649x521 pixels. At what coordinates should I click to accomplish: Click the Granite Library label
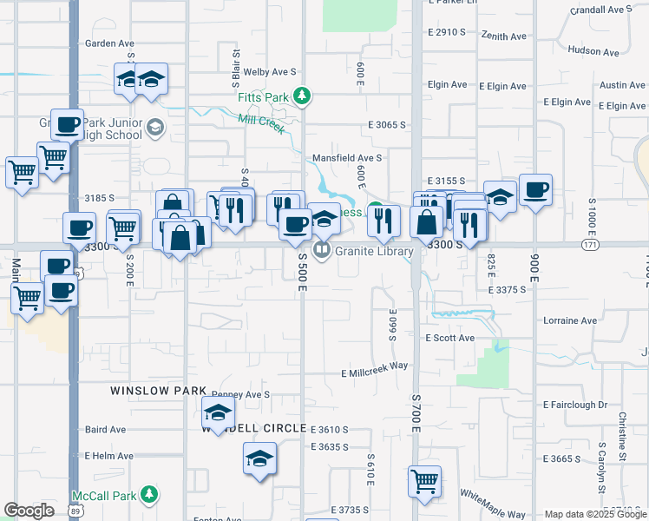coord(373,251)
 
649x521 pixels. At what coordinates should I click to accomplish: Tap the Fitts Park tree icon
coord(301,96)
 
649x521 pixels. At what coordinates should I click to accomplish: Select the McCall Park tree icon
coord(150,495)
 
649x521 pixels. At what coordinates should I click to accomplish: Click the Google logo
coord(29,511)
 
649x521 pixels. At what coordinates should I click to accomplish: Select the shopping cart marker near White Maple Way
coord(424,481)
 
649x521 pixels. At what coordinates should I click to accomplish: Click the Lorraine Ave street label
coord(570,320)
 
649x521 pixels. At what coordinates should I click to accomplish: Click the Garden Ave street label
coord(109,43)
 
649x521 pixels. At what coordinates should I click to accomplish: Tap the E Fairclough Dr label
coord(575,405)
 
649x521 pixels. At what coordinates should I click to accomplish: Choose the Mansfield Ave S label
coord(347,158)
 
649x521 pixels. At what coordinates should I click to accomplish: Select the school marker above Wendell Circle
coord(218,412)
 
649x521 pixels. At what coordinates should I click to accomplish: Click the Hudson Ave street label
coord(593,51)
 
